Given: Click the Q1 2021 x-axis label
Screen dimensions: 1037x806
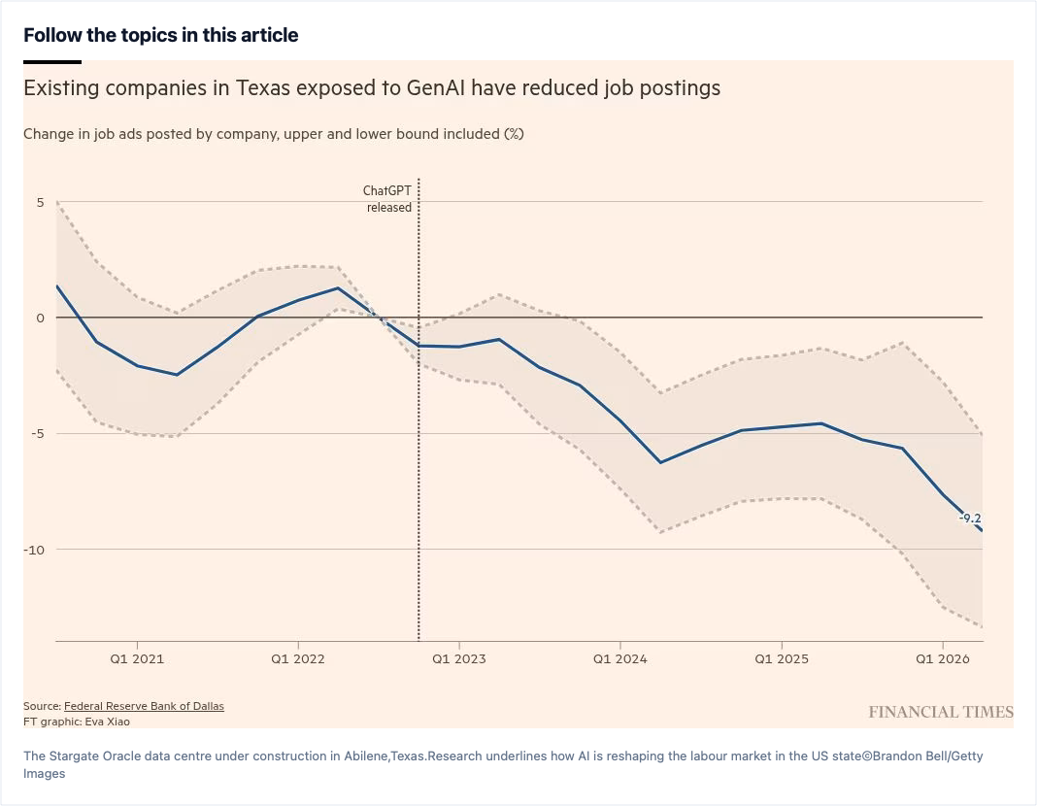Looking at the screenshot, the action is (137, 659).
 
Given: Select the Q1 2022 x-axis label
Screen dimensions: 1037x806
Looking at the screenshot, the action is (298, 659).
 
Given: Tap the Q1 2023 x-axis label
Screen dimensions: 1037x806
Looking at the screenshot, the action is (459, 659).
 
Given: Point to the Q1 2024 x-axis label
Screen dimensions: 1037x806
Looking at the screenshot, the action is (620, 659).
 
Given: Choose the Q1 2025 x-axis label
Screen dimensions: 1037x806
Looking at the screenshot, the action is (782, 659).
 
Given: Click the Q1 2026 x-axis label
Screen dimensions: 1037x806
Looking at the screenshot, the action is (943, 659).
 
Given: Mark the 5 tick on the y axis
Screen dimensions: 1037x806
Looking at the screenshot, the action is (41, 202).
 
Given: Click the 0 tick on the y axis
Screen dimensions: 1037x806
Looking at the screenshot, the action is (41, 319).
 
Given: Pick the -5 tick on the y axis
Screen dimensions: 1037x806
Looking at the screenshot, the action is (37, 434).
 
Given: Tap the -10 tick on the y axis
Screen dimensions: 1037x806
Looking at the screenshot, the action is (34, 550).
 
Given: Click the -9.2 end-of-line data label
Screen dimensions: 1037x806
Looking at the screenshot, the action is (970, 519).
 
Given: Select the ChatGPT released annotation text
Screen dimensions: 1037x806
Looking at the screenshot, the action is (387, 199).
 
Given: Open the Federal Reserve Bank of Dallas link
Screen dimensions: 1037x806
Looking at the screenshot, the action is (144, 706).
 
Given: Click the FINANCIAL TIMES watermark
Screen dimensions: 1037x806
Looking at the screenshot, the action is (941, 712).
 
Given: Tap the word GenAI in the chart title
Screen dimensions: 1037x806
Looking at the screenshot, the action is (436, 88).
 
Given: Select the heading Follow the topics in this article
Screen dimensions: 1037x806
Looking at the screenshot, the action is (161, 35).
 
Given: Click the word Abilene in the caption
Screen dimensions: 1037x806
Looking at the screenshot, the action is (366, 756).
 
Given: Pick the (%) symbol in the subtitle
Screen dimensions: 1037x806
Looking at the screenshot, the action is (514, 134).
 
